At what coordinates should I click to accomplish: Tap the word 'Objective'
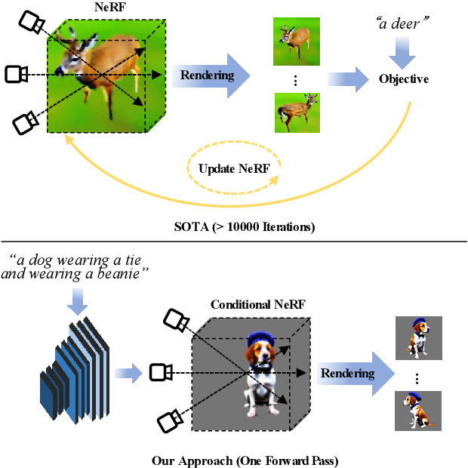[404, 79]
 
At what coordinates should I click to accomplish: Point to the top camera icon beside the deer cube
[31, 23]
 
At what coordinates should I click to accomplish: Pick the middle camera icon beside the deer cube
[17, 74]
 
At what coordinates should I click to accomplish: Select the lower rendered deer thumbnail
[296, 112]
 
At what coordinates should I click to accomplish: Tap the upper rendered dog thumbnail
[419, 337]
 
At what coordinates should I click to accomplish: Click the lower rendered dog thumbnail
[419, 409]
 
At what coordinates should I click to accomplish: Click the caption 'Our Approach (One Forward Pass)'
[234, 460]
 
